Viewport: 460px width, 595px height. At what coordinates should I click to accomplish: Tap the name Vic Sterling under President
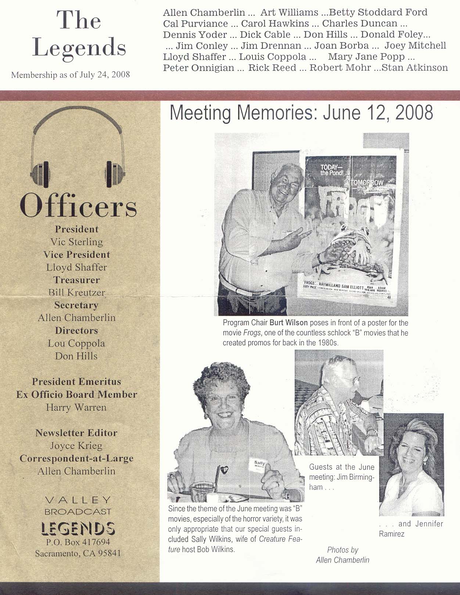[76, 242]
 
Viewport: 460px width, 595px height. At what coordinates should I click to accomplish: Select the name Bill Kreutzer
[76, 292]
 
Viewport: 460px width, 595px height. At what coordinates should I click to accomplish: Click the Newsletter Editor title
[76, 433]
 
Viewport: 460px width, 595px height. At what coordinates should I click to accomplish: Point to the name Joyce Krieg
[76, 446]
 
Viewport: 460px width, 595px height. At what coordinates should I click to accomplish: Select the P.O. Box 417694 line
[78, 542]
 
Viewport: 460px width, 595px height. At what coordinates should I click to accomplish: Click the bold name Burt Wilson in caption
[288, 323]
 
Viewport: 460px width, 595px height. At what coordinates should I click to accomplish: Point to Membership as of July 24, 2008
[71, 75]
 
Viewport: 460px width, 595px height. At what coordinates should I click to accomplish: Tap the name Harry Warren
[76, 407]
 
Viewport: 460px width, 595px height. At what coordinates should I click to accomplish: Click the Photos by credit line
[342, 550]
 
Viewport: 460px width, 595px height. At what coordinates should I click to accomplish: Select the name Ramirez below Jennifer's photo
[392, 534]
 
